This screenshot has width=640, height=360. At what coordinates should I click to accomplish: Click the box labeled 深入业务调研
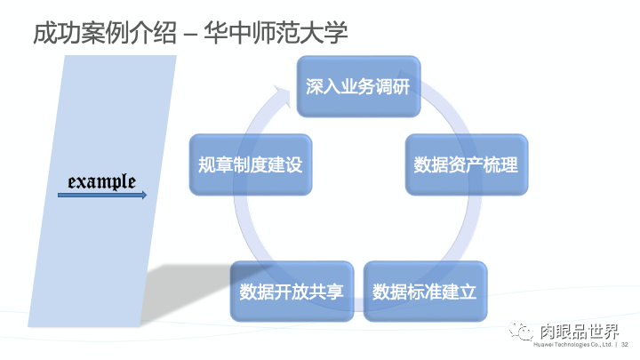coord(357,87)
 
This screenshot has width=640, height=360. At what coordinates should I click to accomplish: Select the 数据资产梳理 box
coord(466,165)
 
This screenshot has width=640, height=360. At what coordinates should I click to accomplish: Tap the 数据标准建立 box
coord(425,292)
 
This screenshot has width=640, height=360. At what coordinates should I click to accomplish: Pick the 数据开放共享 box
coord(292,292)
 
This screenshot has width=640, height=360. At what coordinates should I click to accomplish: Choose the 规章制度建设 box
coord(251,165)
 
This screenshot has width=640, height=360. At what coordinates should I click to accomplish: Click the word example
coord(102,181)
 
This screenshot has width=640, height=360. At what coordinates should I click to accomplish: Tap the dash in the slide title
coord(189,34)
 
